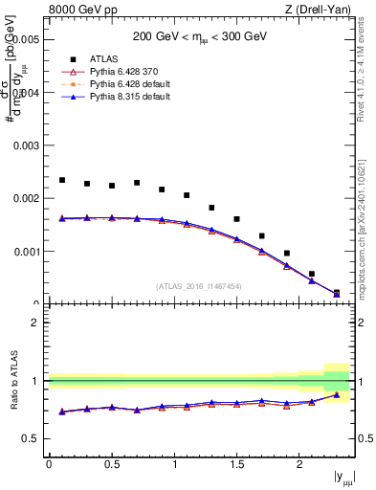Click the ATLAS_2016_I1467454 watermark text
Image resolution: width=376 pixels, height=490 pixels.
[199, 286]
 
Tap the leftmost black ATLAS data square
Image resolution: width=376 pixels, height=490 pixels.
[62, 180]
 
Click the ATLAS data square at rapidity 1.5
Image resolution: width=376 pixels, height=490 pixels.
[236, 219]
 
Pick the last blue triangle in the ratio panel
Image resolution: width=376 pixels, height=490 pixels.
[336, 394]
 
